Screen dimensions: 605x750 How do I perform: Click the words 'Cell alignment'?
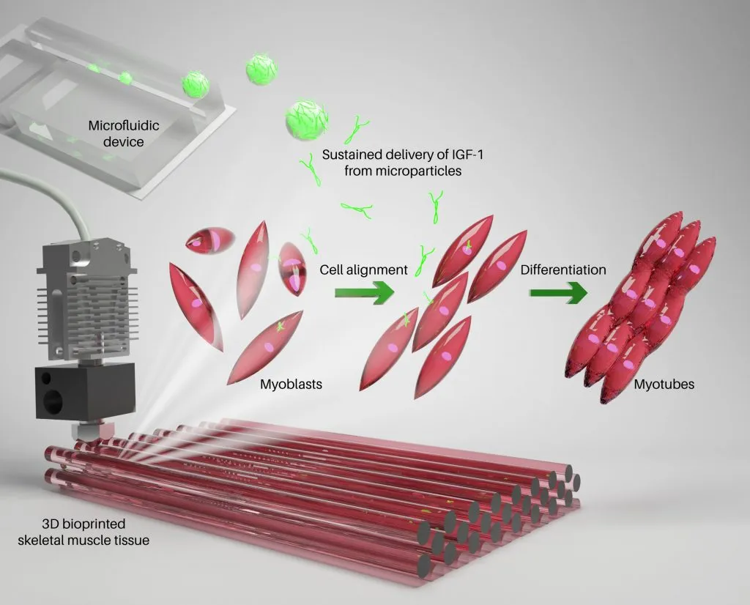(x=363, y=270)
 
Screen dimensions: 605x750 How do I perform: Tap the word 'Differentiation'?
(x=563, y=270)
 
